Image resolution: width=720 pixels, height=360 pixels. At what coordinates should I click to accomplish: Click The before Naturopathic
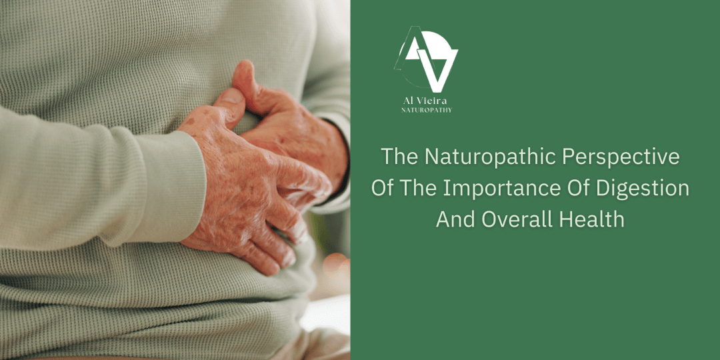pos(399,157)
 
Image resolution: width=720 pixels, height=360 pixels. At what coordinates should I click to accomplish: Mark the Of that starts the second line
pos(382,189)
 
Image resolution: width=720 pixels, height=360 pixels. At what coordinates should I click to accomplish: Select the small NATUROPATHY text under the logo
pos(427,110)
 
